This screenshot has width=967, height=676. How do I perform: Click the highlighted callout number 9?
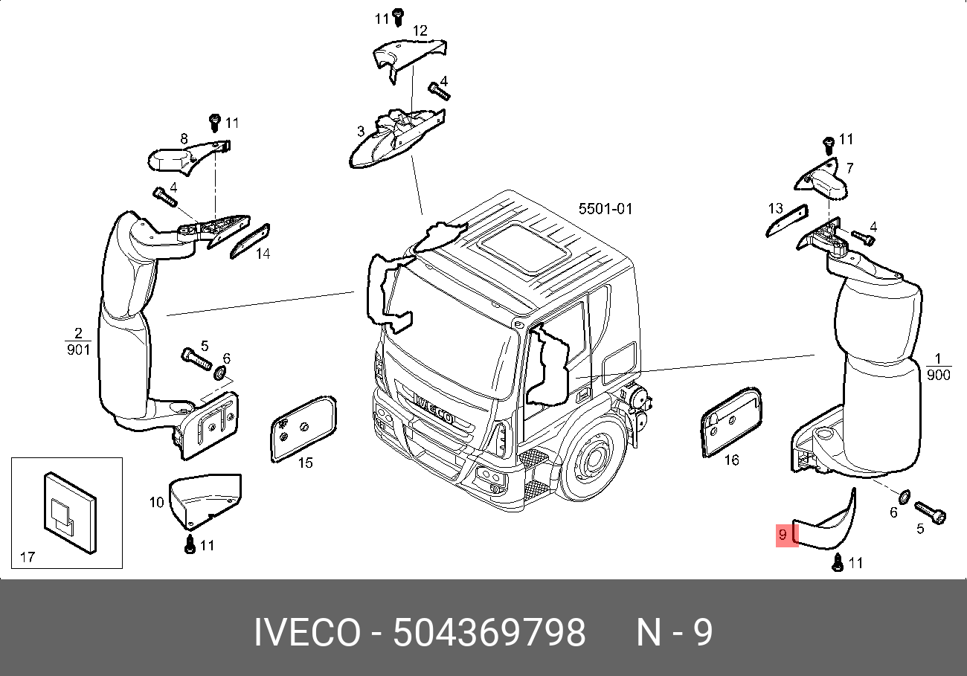(x=783, y=535)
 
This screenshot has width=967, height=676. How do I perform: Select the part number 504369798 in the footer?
(x=489, y=634)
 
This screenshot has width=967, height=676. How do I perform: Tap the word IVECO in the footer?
(x=307, y=634)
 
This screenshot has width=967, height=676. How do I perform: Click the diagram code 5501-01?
(x=605, y=209)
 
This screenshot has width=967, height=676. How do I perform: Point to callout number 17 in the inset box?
(x=27, y=556)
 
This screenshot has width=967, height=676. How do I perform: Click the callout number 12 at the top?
(x=420, y=31)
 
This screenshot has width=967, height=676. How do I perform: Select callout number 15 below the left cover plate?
(x=305, y=463)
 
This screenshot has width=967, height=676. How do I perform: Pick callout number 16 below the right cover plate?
(x=731, y=460)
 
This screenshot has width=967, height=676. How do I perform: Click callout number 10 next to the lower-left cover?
(x=156, y=503)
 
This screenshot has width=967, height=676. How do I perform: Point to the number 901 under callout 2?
(x=78, y=349)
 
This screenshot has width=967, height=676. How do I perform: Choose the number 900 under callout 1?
(x=939, y=375)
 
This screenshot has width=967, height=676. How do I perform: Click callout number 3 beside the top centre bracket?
(x=361, y=131)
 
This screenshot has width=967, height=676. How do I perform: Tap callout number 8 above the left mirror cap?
(x=183, y=138)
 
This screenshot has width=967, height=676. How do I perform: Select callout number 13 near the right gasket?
(x=776, y=208)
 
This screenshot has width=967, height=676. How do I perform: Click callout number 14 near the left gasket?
(x=263, y=254)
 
